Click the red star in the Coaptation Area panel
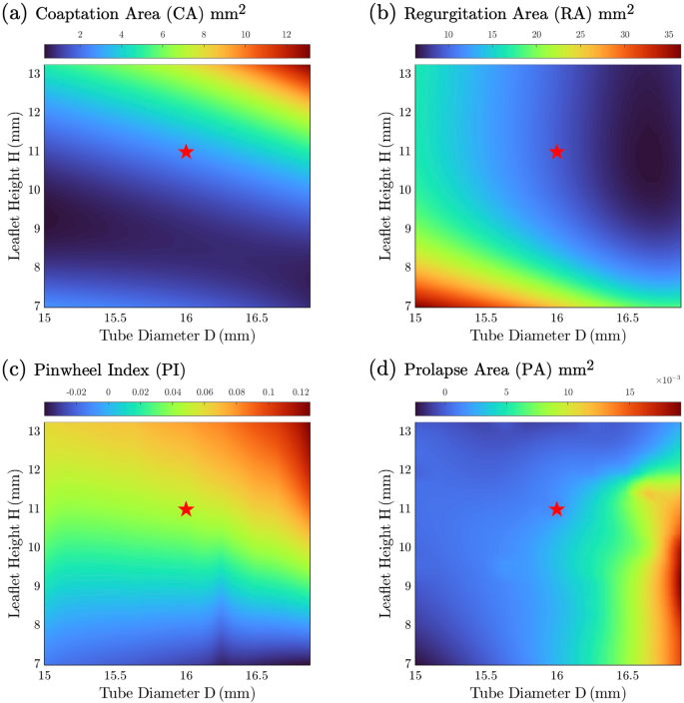[186, 152]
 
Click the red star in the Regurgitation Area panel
[557, 152]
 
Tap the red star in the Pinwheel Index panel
[186, 509]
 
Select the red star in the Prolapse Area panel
[557, 509]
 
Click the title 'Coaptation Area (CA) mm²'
[160, 14]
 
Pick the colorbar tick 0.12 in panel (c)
[301, 392]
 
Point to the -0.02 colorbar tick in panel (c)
[76, 392]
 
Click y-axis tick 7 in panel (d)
[404, 663]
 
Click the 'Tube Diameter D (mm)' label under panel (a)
[177, 335]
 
